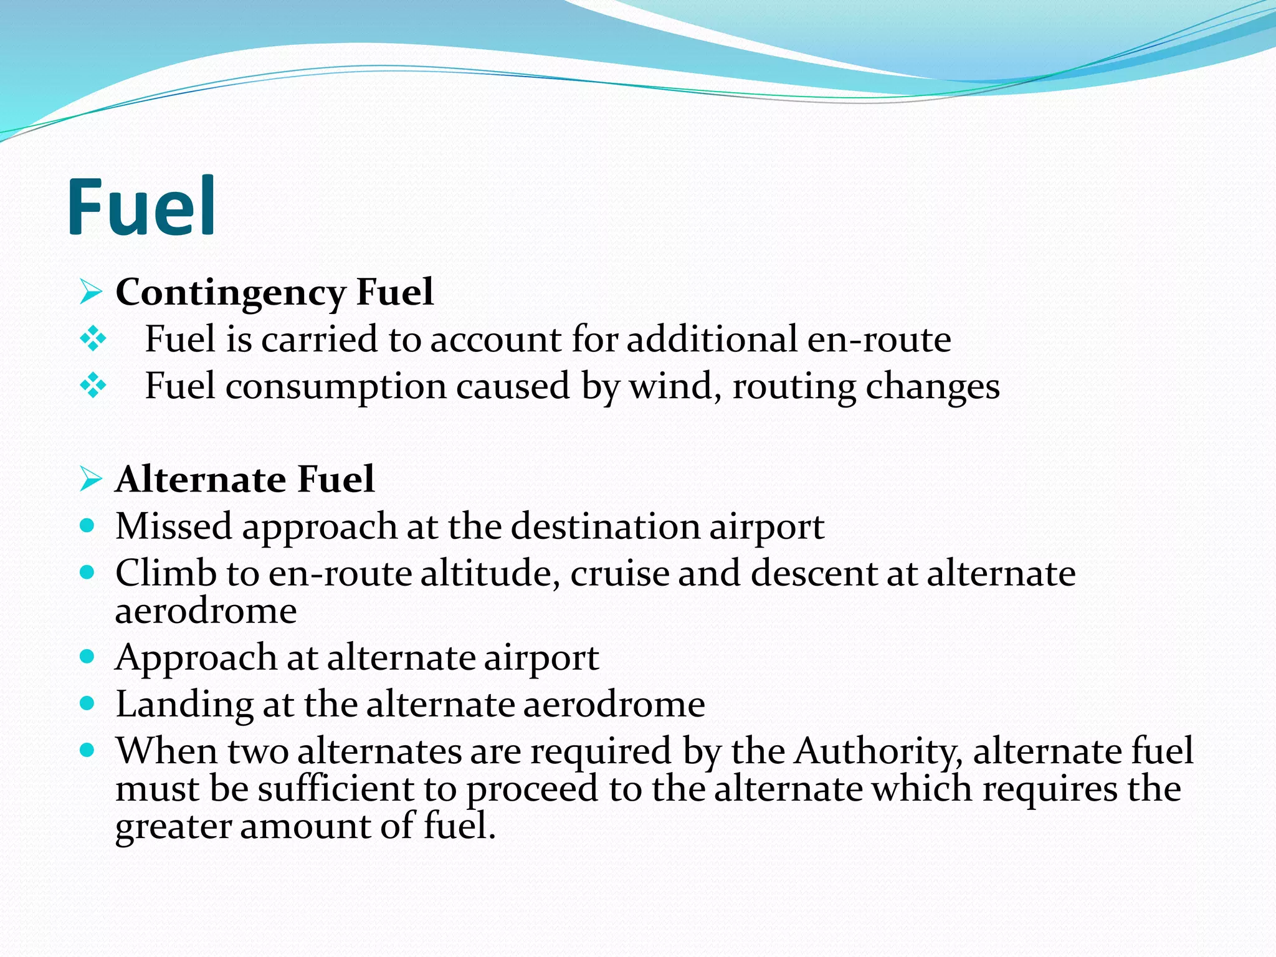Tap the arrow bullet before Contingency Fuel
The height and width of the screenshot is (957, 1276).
click(x=91, y=292)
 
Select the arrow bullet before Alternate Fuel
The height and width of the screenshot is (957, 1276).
click(x=91, y=479)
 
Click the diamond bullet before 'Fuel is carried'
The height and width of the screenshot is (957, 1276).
click(x=93, y=339)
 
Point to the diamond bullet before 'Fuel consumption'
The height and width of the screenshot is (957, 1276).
click(x=93, y=386)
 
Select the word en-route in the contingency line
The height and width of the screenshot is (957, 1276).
click(x=878, y=340)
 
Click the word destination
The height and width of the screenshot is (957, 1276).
click(x=605, y=526)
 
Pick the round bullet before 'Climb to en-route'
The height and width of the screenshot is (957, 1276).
click(x=88, y=572)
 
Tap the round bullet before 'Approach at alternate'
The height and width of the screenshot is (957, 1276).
click(x=88, y=656)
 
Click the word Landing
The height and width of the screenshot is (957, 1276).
click(x=184, y=705)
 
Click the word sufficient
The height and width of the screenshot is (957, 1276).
click(x=336, y=789)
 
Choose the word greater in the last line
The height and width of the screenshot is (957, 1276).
click(x=173, y=827)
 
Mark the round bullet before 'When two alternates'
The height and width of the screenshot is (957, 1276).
click(x=88, y=750)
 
